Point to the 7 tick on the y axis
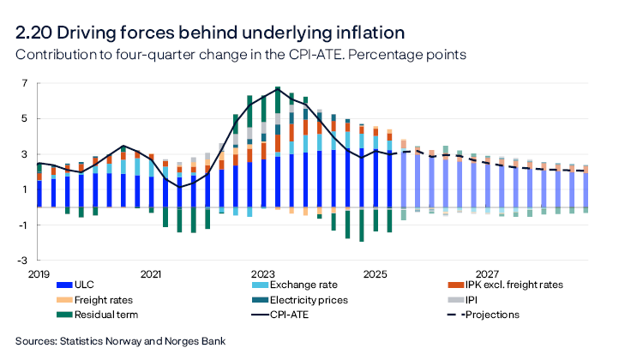click(x=25, y=83)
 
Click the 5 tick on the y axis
click(x=25, y=118)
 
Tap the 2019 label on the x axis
click(x=39, y=274)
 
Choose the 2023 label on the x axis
click(x=262, y=274)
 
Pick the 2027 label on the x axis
click(x=487, y=274)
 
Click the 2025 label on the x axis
click(x=375, y=274)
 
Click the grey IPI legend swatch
click(x=456, y=300)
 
